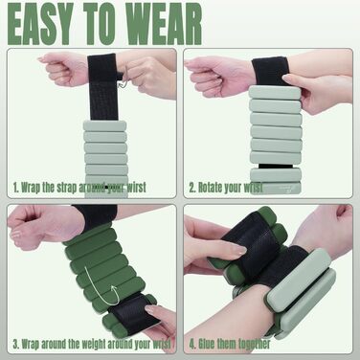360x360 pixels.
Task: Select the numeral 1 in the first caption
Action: coord(15,188)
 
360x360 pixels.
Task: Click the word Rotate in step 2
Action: coord(210,188)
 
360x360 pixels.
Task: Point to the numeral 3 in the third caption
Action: coord(15,344)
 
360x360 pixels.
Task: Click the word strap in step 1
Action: coord(67,188)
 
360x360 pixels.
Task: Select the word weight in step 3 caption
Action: coord(93,345)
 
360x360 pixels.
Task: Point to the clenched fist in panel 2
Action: coord(217,76)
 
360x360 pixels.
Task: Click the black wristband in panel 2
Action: coord(271,71)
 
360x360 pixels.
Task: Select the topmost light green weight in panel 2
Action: coord(275,92)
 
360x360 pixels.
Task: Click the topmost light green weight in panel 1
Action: coord(104,125)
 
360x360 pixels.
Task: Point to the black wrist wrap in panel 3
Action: coord(96,216)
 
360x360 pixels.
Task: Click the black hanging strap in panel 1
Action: coord(103,87)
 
